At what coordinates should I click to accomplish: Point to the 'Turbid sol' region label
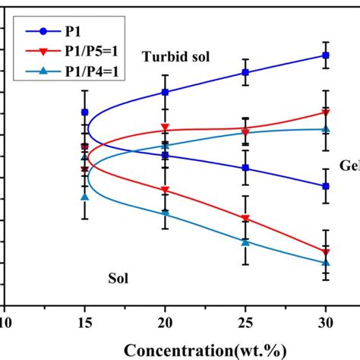click(x=175, y=57)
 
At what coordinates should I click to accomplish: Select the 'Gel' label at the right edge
click(x=349, y=166)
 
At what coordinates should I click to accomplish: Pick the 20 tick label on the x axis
click(x=165, y=321)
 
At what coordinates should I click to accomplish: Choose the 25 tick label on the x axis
click(x=245, y=321)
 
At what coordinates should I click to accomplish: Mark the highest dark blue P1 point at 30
click(x=326, y=55)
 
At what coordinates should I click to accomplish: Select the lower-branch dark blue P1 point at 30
click(x=326, y=186)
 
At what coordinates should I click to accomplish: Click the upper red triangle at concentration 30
click(x=326, y=113)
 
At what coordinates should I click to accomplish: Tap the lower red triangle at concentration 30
click(x=326, y=251)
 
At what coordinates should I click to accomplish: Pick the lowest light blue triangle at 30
click(x=326, y=263)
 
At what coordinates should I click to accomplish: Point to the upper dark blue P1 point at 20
click(x=165, y=92)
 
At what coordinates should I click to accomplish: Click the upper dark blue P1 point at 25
click(x=245, y=72)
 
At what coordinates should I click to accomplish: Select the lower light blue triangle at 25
click(x=245, y=242)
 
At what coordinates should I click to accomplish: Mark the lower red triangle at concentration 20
click(x=165, y=190)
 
